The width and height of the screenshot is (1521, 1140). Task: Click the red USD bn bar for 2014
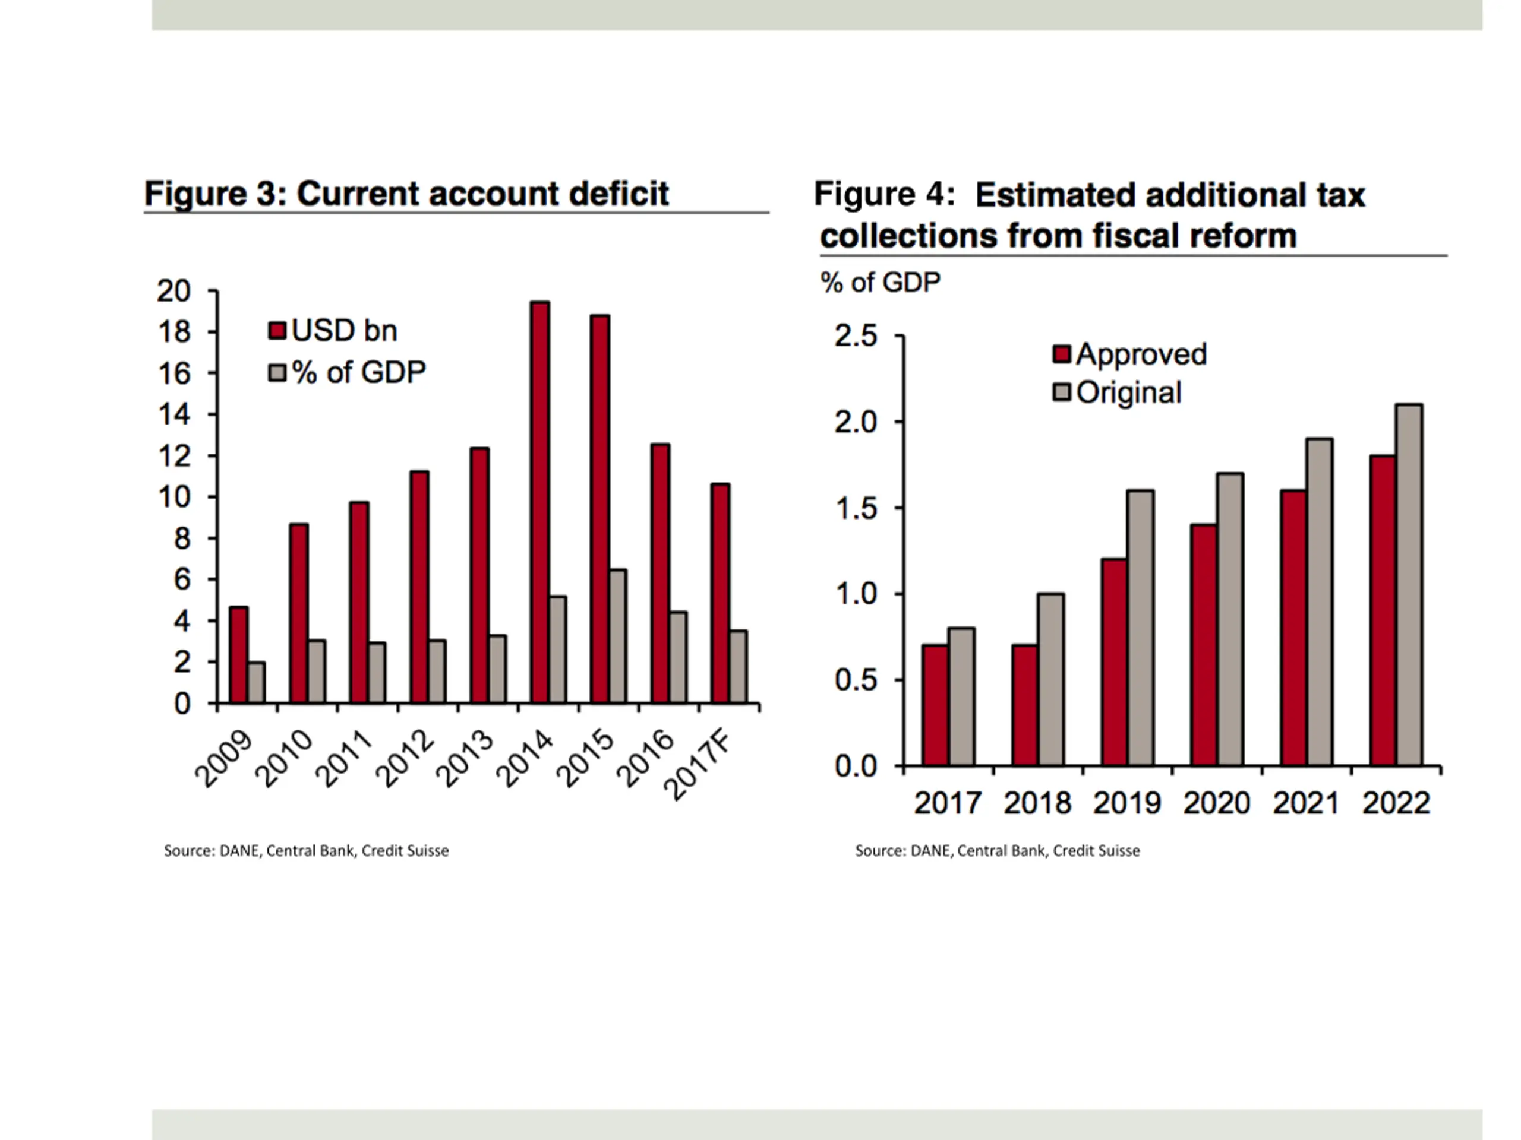click(x=539, y=502)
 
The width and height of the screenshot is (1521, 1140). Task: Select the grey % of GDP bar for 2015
click(x=617, y=636)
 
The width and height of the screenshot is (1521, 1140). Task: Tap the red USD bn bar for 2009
click(x=239, y=654)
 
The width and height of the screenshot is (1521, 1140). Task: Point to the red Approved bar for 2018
click(x=1024, y=704)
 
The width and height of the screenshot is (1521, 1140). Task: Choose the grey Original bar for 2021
click(x=1319, y=601)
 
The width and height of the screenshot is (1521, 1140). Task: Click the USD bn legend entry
click(x=333, y=331)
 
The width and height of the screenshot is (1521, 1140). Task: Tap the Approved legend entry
click(x=1129, y=354)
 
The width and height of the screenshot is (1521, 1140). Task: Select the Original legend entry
click(x=1118, y=392)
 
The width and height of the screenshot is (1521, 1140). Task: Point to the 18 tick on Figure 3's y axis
click(x=174, y=332)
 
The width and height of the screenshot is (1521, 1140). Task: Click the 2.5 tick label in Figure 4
click(x=856, y=336)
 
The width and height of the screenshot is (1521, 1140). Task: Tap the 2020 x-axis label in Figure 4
click(x=1216, y=803)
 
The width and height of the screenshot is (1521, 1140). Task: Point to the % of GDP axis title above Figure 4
click(x=880, y=283)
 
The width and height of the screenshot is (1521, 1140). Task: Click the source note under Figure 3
click(x=306, y=851)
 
